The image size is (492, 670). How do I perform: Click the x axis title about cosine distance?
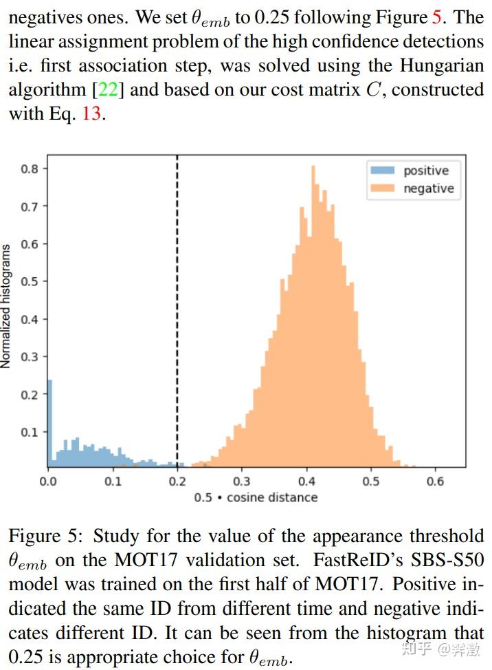coord(256,497)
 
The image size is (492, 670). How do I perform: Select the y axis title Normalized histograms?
coord(6,306)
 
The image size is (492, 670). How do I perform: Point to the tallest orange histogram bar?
coord(313,316)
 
